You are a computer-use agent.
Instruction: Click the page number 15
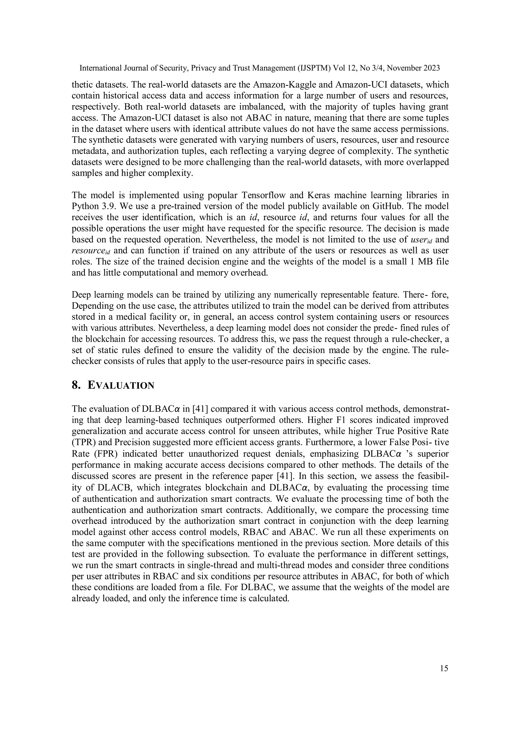click(444, 668)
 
